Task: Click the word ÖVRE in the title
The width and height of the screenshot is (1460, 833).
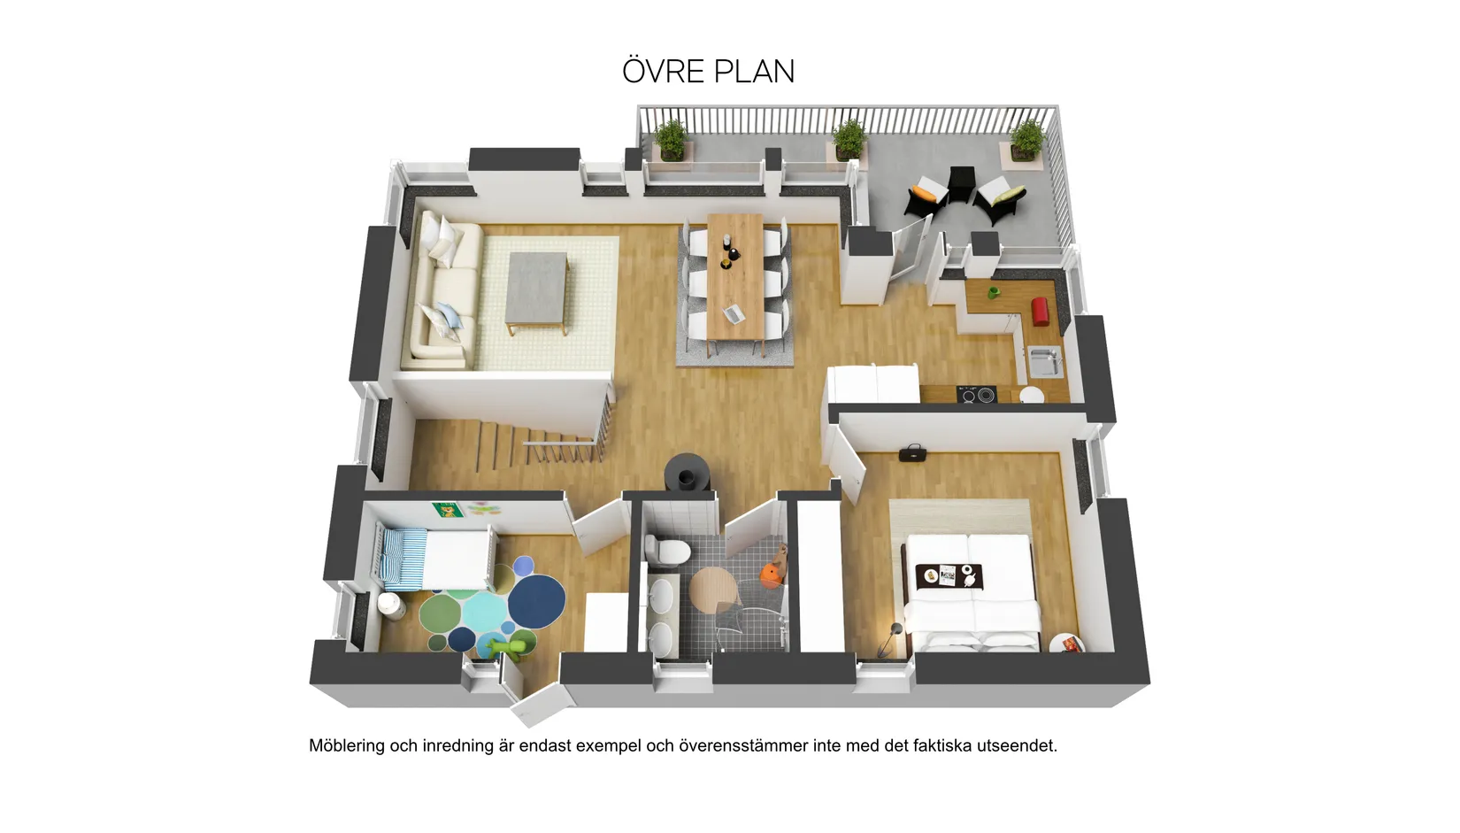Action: point(664,71)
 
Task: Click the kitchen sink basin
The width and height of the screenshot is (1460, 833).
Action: point(1045,361)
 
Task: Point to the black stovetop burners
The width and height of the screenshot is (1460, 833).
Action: point(976,394)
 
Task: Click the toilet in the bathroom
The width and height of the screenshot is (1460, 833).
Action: point(667,549)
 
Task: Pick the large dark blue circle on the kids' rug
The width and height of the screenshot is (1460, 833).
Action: point(536,601)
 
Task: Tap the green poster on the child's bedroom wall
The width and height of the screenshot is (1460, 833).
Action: point(447,510)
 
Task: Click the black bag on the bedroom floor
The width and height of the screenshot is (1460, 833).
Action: point(912,452)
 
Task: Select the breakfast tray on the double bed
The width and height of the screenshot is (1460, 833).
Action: point(949,576)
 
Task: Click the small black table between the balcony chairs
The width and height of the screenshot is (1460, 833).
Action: point(962,184)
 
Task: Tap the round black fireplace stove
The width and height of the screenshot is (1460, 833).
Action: point(687,473)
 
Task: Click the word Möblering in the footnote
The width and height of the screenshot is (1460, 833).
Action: point(347,745)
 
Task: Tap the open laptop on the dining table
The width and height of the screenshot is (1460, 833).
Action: point(734,312)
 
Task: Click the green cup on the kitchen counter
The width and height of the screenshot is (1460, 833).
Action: point(994,293)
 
